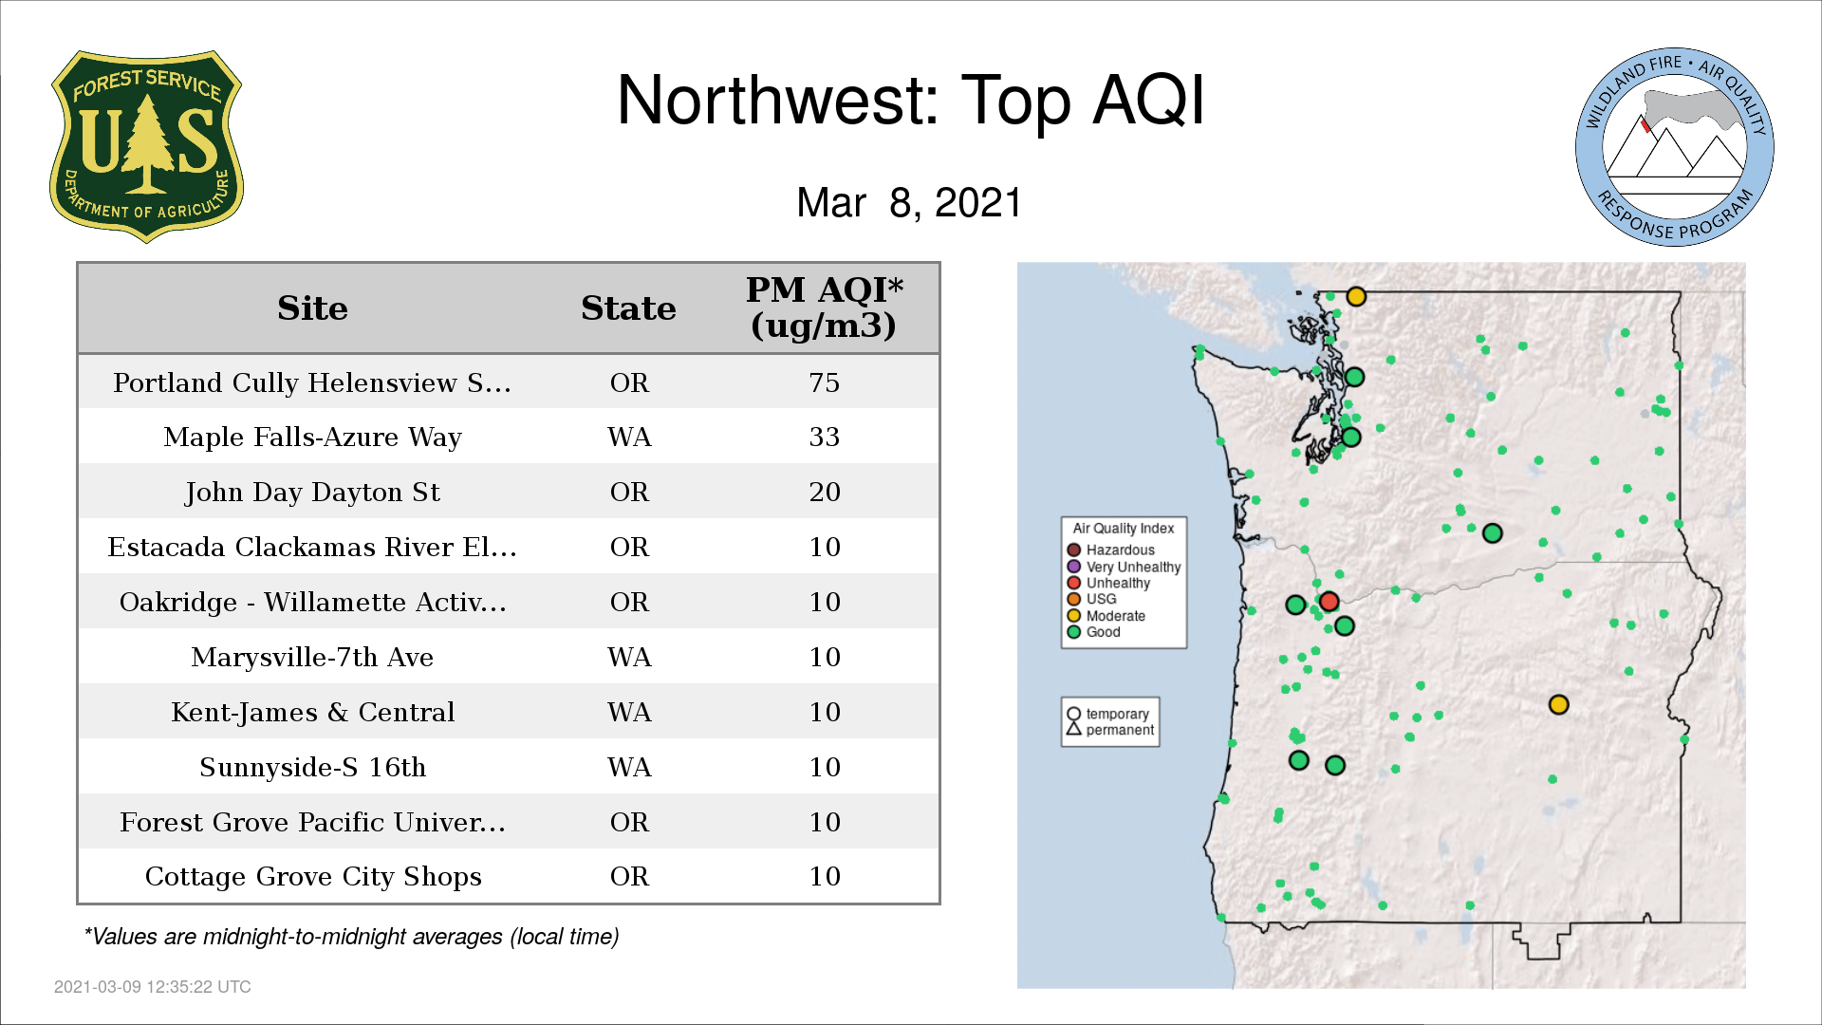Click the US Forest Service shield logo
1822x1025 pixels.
click(146, 146)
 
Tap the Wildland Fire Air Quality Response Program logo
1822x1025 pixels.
click(1675, 147)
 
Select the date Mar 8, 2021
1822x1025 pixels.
click(909, 202)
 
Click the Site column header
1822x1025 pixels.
click(312, 308)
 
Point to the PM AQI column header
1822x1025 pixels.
click(824, 307)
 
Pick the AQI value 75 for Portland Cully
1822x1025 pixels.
click(824, 382)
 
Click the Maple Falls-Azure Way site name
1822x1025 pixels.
click(312, 438)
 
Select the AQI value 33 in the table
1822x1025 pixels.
click(824, 438)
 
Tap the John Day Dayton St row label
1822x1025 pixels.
click(312, 493)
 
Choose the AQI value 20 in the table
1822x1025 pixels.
click(824, 493)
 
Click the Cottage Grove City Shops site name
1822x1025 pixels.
click(312, 877)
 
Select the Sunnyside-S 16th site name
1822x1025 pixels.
click(312, 767)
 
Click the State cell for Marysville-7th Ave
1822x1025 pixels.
click(629, 658)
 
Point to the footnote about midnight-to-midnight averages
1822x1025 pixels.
click(351, 937)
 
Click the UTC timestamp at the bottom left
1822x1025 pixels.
click(152, 987)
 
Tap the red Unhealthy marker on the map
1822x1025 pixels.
click(1329, 601)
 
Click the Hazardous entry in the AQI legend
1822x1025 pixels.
click(1110, 550)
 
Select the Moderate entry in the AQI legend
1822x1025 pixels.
click(1106, 616)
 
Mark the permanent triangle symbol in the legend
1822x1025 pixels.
click(1074, 729)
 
